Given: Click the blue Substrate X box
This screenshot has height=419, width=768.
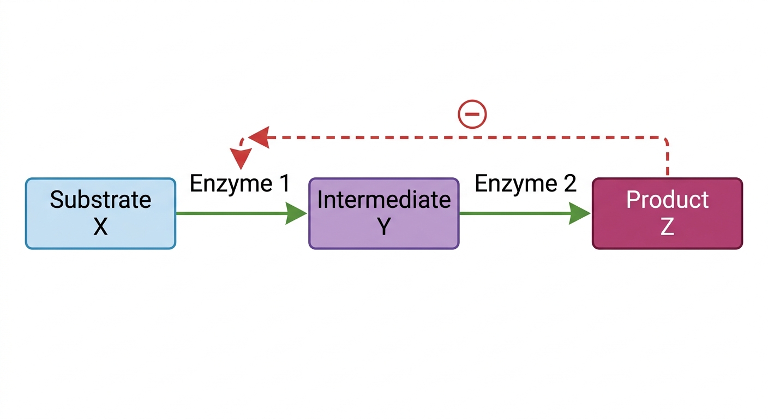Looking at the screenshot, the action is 100,213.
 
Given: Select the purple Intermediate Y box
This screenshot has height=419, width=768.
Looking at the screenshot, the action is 383,213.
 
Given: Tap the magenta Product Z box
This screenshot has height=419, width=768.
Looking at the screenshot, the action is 667,213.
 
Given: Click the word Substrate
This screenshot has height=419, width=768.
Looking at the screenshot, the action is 100,199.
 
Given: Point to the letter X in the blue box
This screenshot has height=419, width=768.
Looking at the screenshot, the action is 100,226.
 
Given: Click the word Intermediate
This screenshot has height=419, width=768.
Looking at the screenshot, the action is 384,199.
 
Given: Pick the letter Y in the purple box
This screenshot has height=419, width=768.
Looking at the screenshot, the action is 384,226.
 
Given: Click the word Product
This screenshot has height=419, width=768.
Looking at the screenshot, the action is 667,199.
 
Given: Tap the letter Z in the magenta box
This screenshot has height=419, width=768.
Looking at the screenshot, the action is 667,226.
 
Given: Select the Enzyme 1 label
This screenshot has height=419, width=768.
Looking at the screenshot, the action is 239,184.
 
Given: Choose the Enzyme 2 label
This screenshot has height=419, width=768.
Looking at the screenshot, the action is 525,184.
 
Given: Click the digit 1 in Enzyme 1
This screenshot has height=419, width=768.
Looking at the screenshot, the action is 284,183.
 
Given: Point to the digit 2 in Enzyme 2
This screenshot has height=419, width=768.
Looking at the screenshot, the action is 569,183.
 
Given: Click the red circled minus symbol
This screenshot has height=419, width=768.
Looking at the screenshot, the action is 472,114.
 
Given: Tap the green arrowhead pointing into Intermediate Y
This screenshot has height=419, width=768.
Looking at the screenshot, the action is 296,213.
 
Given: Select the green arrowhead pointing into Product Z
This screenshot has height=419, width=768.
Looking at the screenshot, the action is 579,213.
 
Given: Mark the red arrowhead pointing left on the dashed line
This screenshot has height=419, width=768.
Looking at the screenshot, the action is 259,137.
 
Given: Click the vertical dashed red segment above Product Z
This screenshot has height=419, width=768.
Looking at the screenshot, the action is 667,159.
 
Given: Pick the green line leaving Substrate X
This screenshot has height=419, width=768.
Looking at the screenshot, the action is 231,213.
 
